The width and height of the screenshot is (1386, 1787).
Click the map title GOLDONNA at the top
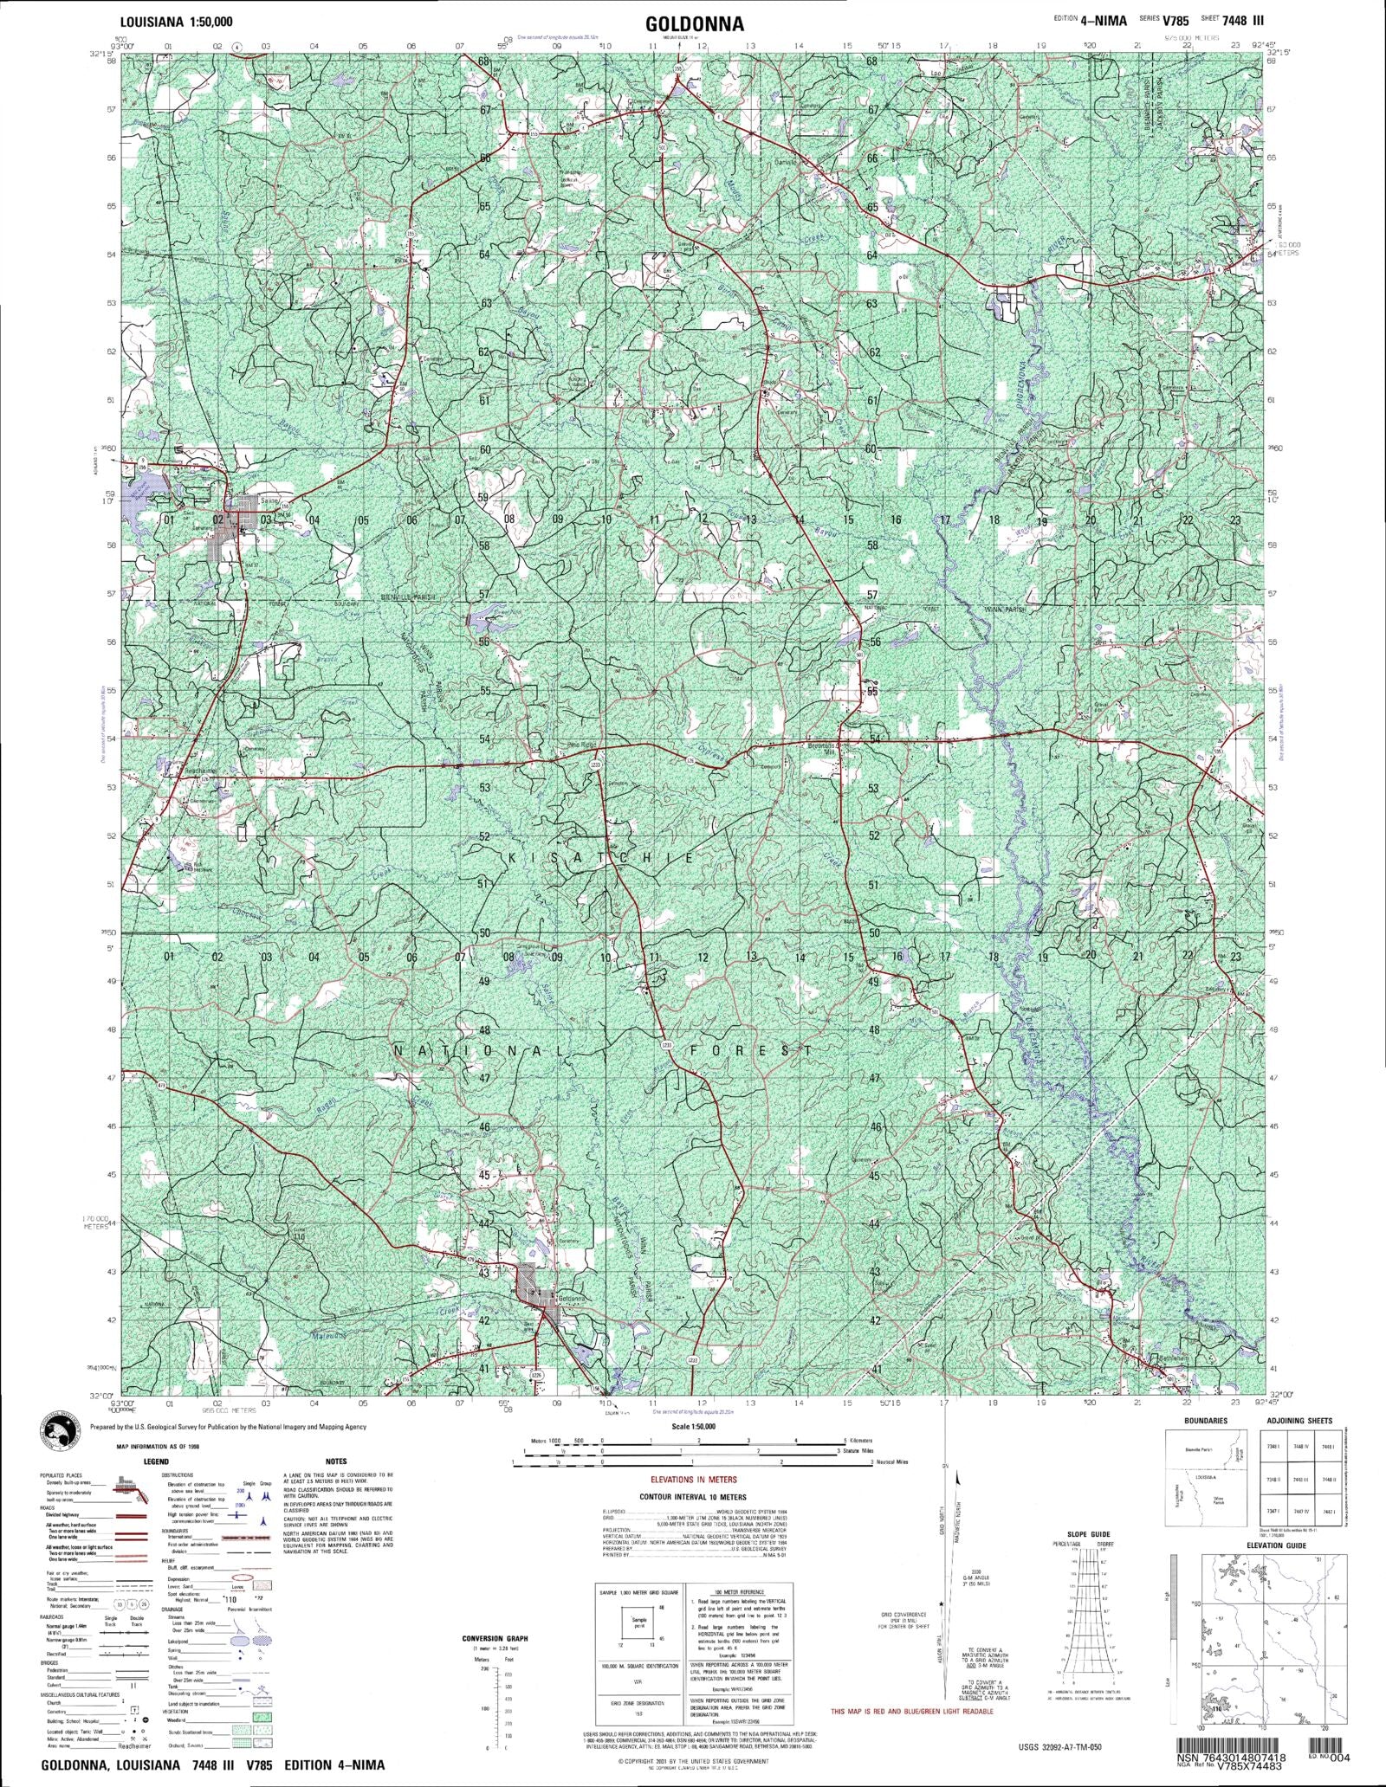pos(693,23)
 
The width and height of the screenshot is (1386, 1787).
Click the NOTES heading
pos(336,1461)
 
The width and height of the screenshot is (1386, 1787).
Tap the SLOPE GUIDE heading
pos(1085,1534)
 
